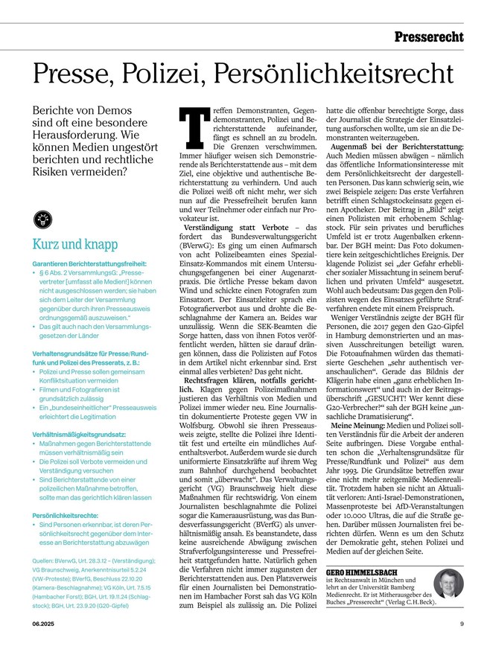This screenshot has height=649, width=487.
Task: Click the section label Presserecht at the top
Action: [428, 36]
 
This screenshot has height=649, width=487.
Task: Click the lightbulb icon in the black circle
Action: [42, 219]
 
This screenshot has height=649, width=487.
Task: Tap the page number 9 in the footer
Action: [462, 624]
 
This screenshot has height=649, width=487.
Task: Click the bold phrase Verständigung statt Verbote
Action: [234, 226]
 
